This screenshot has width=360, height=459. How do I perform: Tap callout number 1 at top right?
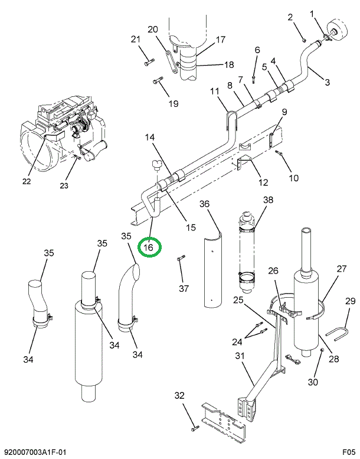[x=329, y=14]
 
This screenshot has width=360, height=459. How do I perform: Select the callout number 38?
[x=269, y=200]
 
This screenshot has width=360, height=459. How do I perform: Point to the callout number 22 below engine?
[x=27, y=181]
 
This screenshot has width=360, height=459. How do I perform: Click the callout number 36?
[x=204, y=204]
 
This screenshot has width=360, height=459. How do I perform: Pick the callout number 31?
[x=239, y=356]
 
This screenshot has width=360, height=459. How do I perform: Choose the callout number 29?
[x=349, y=302]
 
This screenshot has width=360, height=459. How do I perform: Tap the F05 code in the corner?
[x=347, y=452]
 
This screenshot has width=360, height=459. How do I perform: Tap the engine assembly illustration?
[x=65, y=130]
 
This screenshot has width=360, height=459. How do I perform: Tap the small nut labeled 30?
[x=322, y=351]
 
